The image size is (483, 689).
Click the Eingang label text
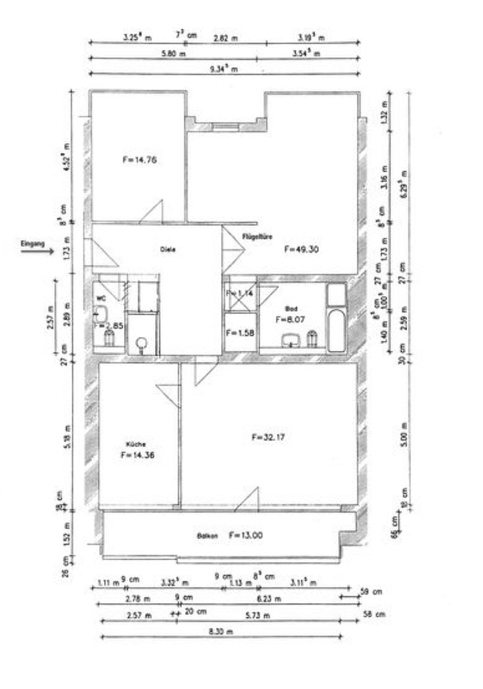tap(32, 244)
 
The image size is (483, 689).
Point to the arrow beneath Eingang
tap(37, 251)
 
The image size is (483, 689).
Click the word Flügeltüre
tap(257, 236)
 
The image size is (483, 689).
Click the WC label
tap(100, 298)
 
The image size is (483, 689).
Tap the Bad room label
tap(291, 308)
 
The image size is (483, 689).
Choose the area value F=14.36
tap(137, 456)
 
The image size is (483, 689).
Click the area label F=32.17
tap(269, 438)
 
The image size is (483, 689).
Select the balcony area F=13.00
tap(245, 535)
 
